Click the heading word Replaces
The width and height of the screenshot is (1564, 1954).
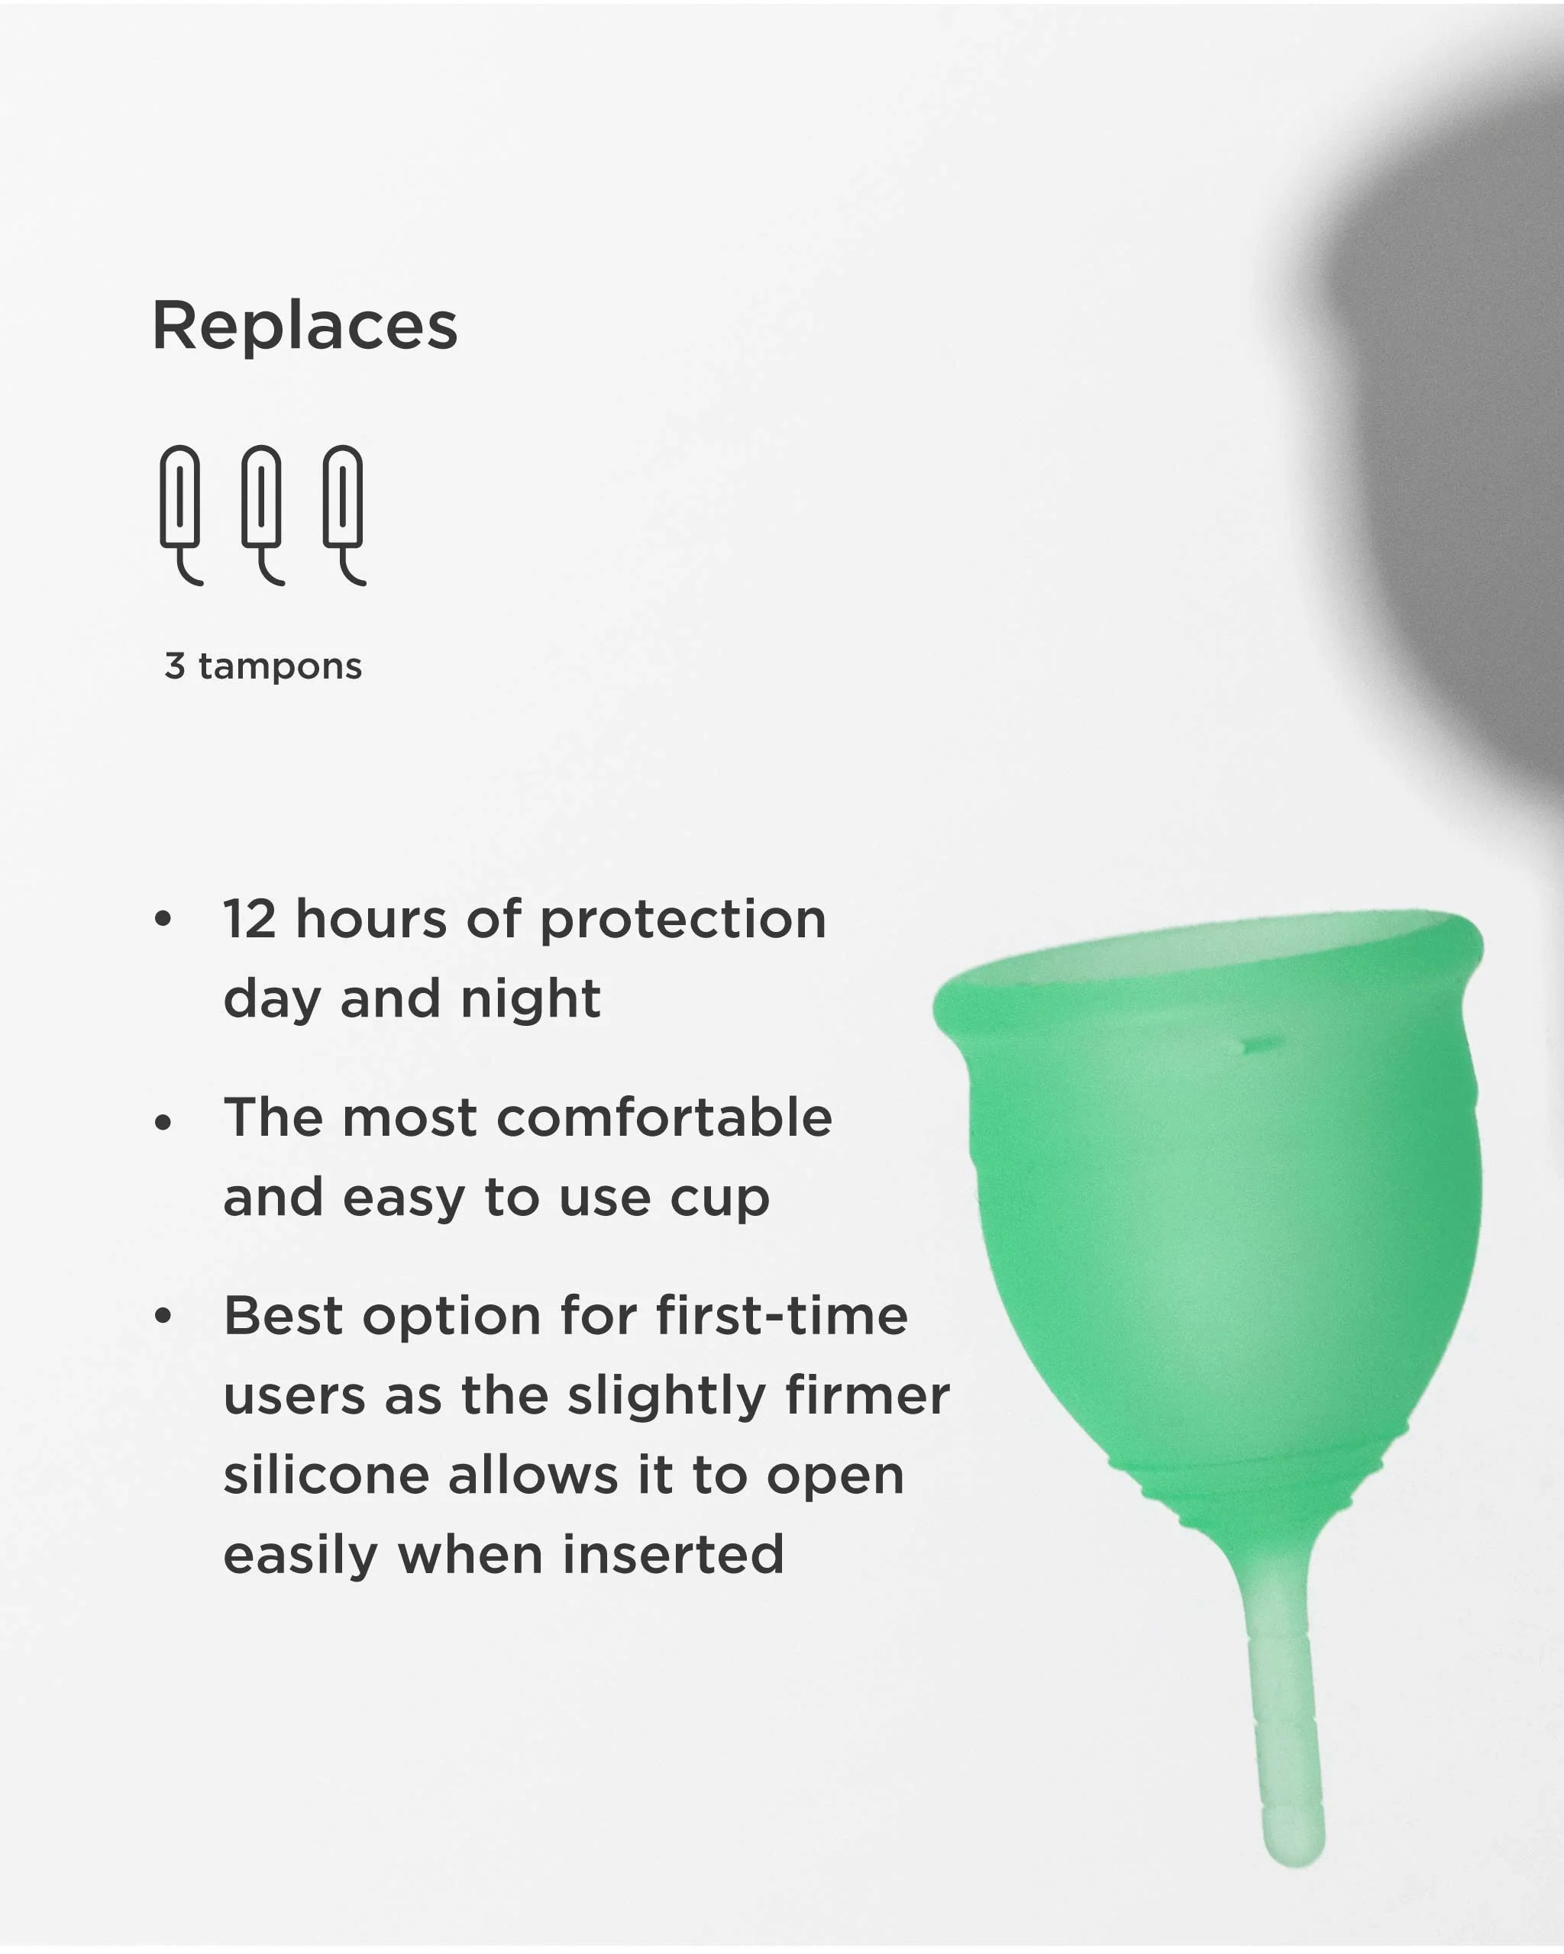click(x=305, y=325)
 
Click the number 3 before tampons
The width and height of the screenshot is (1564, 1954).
click(x=175, y=666)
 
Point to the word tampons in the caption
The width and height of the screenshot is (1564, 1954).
click(x=280, y=667)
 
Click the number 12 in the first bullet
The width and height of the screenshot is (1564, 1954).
click(x=249, y=919)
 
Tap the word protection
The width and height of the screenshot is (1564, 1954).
click(x=683, y=921)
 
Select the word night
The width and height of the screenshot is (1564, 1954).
click(x=531, y=998)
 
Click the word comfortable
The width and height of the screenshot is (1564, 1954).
click(x=664, y=1117)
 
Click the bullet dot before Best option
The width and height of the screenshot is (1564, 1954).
click(x=163, y=1316)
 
